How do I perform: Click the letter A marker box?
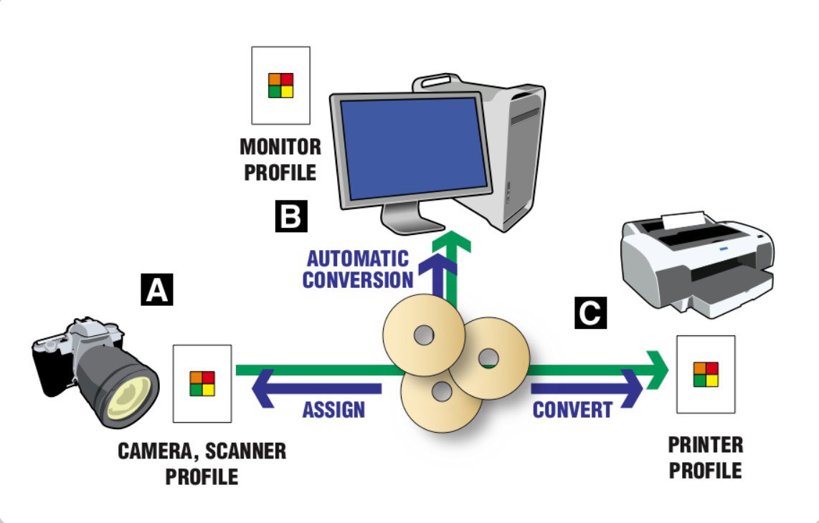click(157, 291)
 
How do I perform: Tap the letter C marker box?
click(590, 313)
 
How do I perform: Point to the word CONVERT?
click(572, 410)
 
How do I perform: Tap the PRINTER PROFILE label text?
click(706, 458)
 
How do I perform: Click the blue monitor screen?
click(414, 147)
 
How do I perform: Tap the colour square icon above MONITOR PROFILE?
click(280, 85)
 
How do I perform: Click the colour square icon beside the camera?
click(202, 383)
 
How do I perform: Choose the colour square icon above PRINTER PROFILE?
click(706, 374)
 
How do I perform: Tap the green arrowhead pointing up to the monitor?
click(451, 241)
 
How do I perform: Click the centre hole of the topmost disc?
click(422, 334)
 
